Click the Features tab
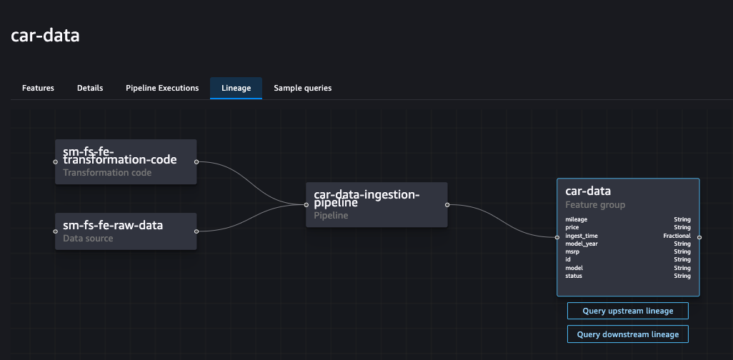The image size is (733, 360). click(x=38, y=88)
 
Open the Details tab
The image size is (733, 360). click(x=90, y=88)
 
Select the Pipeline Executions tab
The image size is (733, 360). click(x=162, y=88)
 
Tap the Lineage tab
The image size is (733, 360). click(x=236, y=88)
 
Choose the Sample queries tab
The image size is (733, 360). click(x=302, y=88)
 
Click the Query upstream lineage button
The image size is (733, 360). click(x=627, y=311)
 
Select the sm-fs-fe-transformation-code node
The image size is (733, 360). click(x=126, y=161)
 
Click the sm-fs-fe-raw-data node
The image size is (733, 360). click(x=126, y=231)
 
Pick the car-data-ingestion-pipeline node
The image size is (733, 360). click(x=377, y=204)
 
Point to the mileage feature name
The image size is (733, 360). click(x=577, y=220)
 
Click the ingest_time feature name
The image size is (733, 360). click(x=582, y=236)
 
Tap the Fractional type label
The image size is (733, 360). click(x=677, y=236)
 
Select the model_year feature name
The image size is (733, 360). click(x=581, y=244)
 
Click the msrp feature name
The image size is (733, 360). click(x=573, y=251)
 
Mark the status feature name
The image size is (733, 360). click(x=574, y=276)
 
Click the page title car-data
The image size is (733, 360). click(x=45, y=36)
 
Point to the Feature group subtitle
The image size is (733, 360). click(x=595, y=205)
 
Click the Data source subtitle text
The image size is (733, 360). click(x=88, y=239)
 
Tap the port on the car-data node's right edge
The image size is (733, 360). click(x=699, y=236)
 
